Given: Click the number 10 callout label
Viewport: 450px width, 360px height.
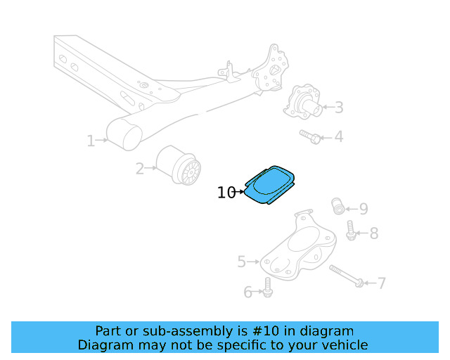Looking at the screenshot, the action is point(226,192).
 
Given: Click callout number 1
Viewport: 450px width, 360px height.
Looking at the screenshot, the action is point(91,141).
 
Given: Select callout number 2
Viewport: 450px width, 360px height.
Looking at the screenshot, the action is point(140,168).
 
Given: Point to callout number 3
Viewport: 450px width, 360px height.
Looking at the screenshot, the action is point(339,108).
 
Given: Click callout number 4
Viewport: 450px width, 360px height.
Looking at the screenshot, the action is point(339,136).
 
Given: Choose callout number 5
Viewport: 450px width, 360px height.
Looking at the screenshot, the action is point(242,262).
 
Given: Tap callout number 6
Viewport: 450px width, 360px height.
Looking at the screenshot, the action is point(247,292).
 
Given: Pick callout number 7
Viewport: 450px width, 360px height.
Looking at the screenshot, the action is point(381,283).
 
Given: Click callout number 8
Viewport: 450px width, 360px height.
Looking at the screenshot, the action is point(373,233).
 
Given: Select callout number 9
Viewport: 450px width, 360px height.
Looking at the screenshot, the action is point(363,208).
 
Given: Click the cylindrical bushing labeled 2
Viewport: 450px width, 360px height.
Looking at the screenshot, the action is point(179,166).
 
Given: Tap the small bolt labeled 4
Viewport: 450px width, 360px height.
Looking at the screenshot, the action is point(310,136).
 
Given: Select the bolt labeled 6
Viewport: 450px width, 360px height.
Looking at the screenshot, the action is point(267,286).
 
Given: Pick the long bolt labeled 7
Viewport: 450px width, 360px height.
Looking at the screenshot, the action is point(345,276).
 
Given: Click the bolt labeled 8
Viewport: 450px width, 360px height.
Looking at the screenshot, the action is point(350,230).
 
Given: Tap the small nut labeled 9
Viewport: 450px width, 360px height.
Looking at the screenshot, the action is point(338,207).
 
